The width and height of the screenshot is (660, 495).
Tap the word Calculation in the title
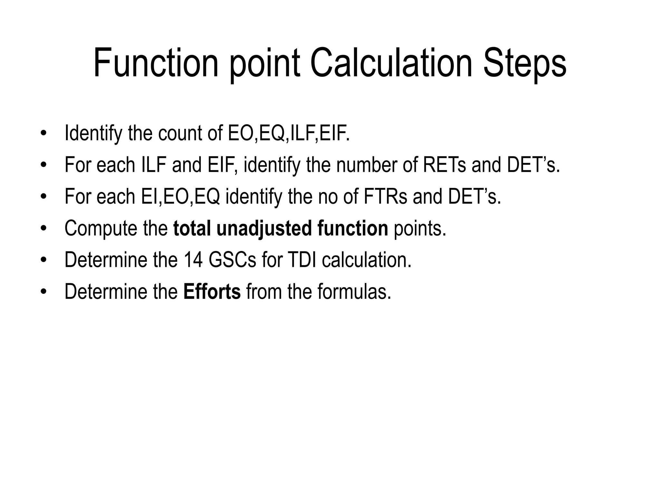click(x=391, y=63)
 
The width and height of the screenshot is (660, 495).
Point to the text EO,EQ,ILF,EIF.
click(x=289, y=133)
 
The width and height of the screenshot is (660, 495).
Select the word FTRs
click(x=385, y=196)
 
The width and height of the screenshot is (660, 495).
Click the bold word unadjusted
click(x=264, y=228)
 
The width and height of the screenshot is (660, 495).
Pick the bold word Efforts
click(x=212, y=291)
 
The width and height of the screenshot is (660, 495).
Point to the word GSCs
click(x=232, y=260)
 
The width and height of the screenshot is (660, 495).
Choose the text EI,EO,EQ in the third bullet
click(x=180, y=196)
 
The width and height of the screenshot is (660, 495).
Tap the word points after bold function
click(x=420, y=228)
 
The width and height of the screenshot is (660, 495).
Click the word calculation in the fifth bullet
click(x=367, y=260)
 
